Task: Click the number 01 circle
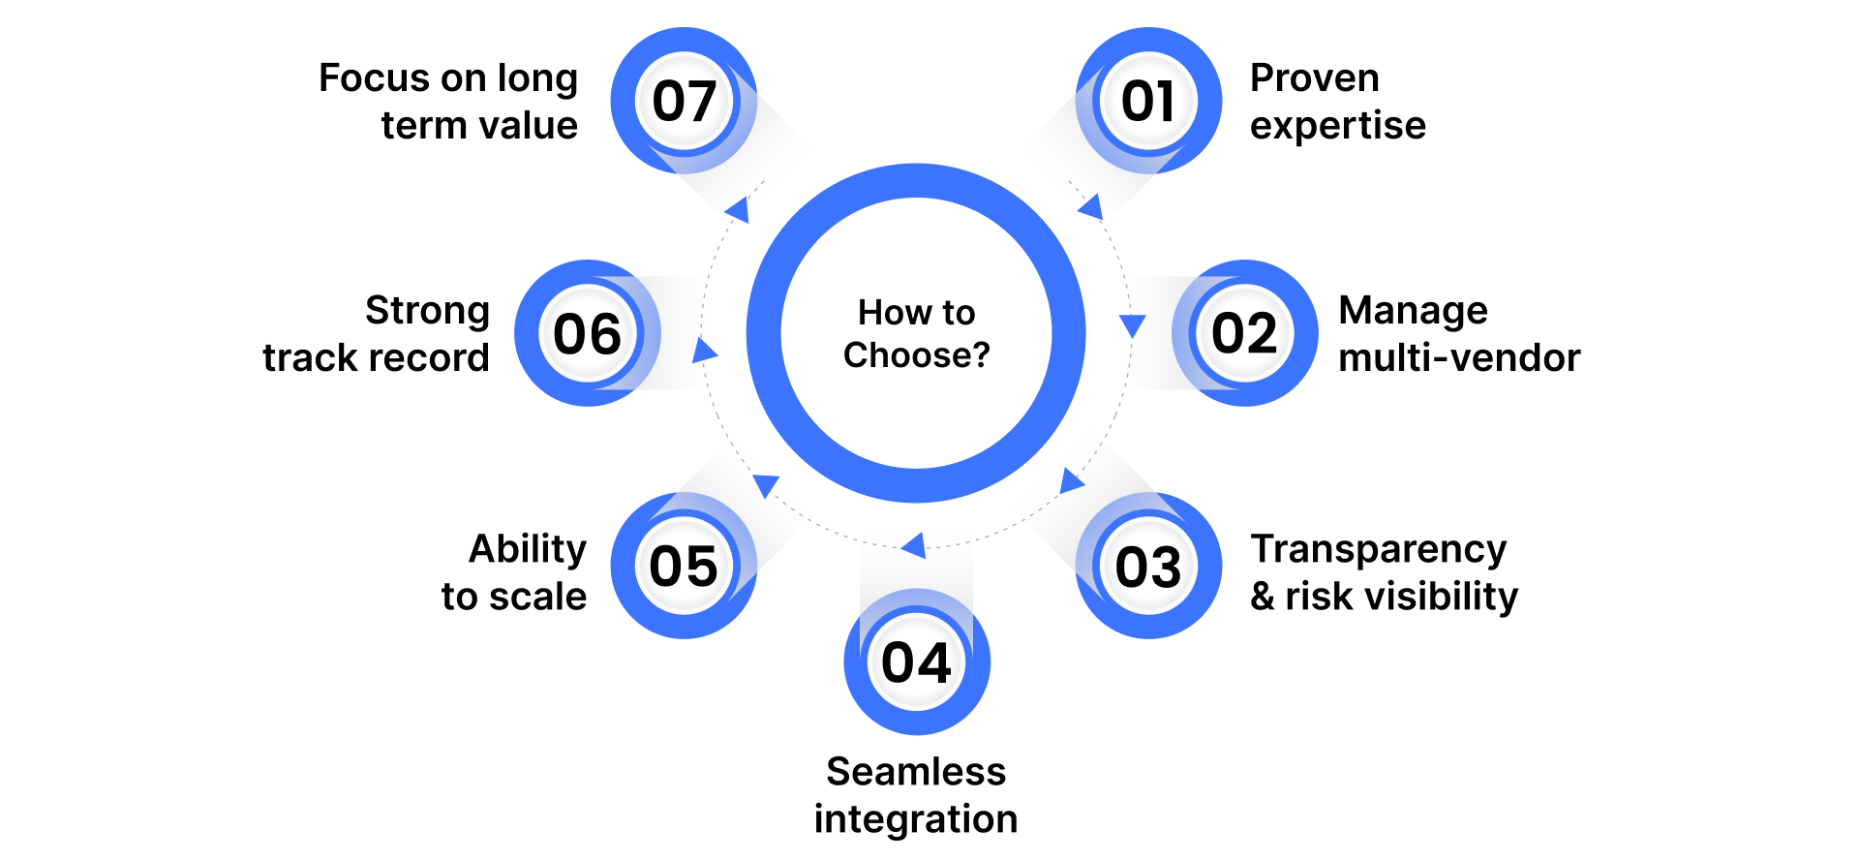[1148, 101]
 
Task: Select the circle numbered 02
[1245, 333]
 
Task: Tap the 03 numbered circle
[1148, 566]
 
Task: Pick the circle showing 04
[916, 662]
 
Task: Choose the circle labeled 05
[684, 566]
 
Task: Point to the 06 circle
[587, 333]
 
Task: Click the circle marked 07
[684, 101]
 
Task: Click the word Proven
[1314, 78]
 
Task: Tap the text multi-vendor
[1459, 358]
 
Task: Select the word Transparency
[1379, 549]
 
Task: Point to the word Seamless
[916, 772]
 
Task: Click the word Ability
[528, 549]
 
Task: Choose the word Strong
[427, 311]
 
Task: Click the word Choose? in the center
[916, 355]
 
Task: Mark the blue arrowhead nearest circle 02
[1132, 325]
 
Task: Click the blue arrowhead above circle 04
[914, 545]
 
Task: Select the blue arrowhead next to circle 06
[704, 351]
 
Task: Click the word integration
[916, 819]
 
